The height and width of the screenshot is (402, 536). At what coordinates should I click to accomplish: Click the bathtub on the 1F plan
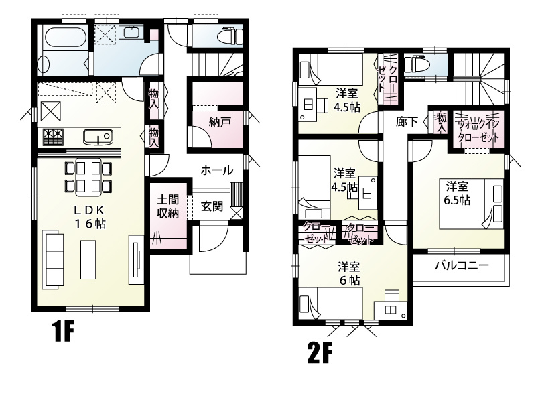tap(65, 38)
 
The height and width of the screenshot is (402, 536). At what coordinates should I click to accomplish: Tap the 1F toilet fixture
tap(232, 36)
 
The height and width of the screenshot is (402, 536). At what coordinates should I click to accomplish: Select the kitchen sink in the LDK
tap(98, 137)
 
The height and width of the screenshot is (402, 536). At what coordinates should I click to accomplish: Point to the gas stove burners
tap(54, 137)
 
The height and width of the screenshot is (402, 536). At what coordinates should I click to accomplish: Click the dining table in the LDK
tap(88, 178)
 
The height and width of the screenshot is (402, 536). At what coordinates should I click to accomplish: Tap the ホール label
tap(217, 170)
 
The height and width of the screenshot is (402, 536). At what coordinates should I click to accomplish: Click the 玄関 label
tap(212, 206)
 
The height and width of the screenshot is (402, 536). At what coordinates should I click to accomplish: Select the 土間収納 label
tap(168, 206)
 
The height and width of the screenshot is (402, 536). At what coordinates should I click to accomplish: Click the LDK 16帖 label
tap(90, 217)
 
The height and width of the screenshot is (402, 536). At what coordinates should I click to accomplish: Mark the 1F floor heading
tap(63, 332)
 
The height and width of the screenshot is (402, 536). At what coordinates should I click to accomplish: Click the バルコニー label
tap(462, 265)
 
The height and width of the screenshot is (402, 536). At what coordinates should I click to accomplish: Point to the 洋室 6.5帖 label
tap(457, 193)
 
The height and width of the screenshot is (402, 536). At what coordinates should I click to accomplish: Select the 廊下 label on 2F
tap(407, 121)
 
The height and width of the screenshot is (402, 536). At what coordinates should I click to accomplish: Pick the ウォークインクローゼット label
tap(478, 131)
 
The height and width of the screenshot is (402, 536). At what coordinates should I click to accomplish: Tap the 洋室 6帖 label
tap(349, 273)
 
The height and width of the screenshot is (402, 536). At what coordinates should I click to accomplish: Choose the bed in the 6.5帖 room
tap(472, 204)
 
